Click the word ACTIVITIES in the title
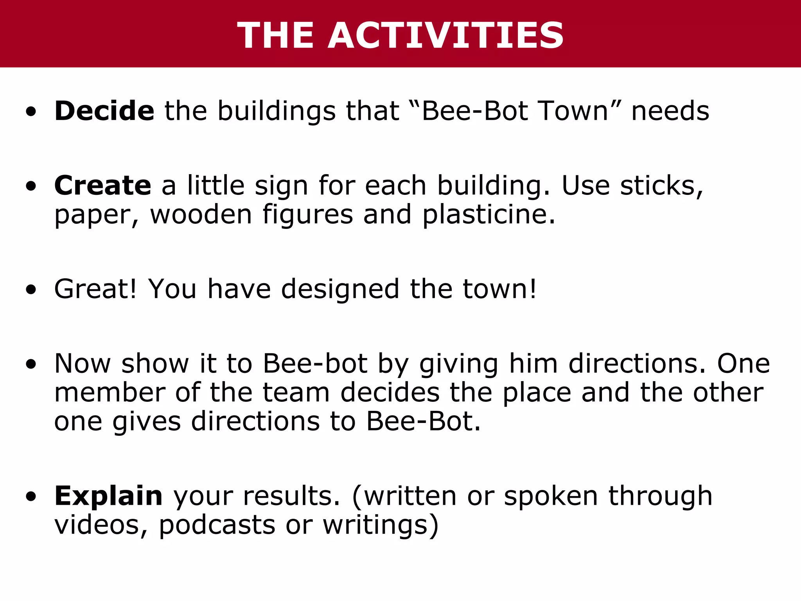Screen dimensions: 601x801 pos(446,36)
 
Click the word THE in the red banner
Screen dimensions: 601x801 pos(275,36)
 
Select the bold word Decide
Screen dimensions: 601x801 pos(104,111)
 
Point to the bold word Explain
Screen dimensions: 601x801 pos(108,496)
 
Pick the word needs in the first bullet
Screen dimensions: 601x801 pos(670,112)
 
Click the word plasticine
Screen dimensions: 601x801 pos(489,215)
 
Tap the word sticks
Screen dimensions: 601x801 pos(662,185)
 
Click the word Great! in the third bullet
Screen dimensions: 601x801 pos(96,289)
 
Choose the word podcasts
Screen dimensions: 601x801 pos(217,525)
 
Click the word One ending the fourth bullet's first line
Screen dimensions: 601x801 pos(743,363)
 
